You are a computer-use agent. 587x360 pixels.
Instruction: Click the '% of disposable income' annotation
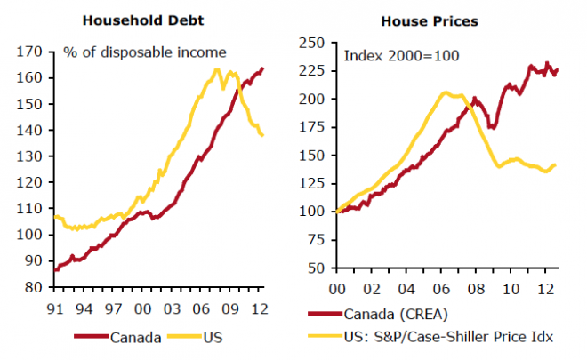[144, 52]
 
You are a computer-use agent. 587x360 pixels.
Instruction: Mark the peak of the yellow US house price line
[444, 92]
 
